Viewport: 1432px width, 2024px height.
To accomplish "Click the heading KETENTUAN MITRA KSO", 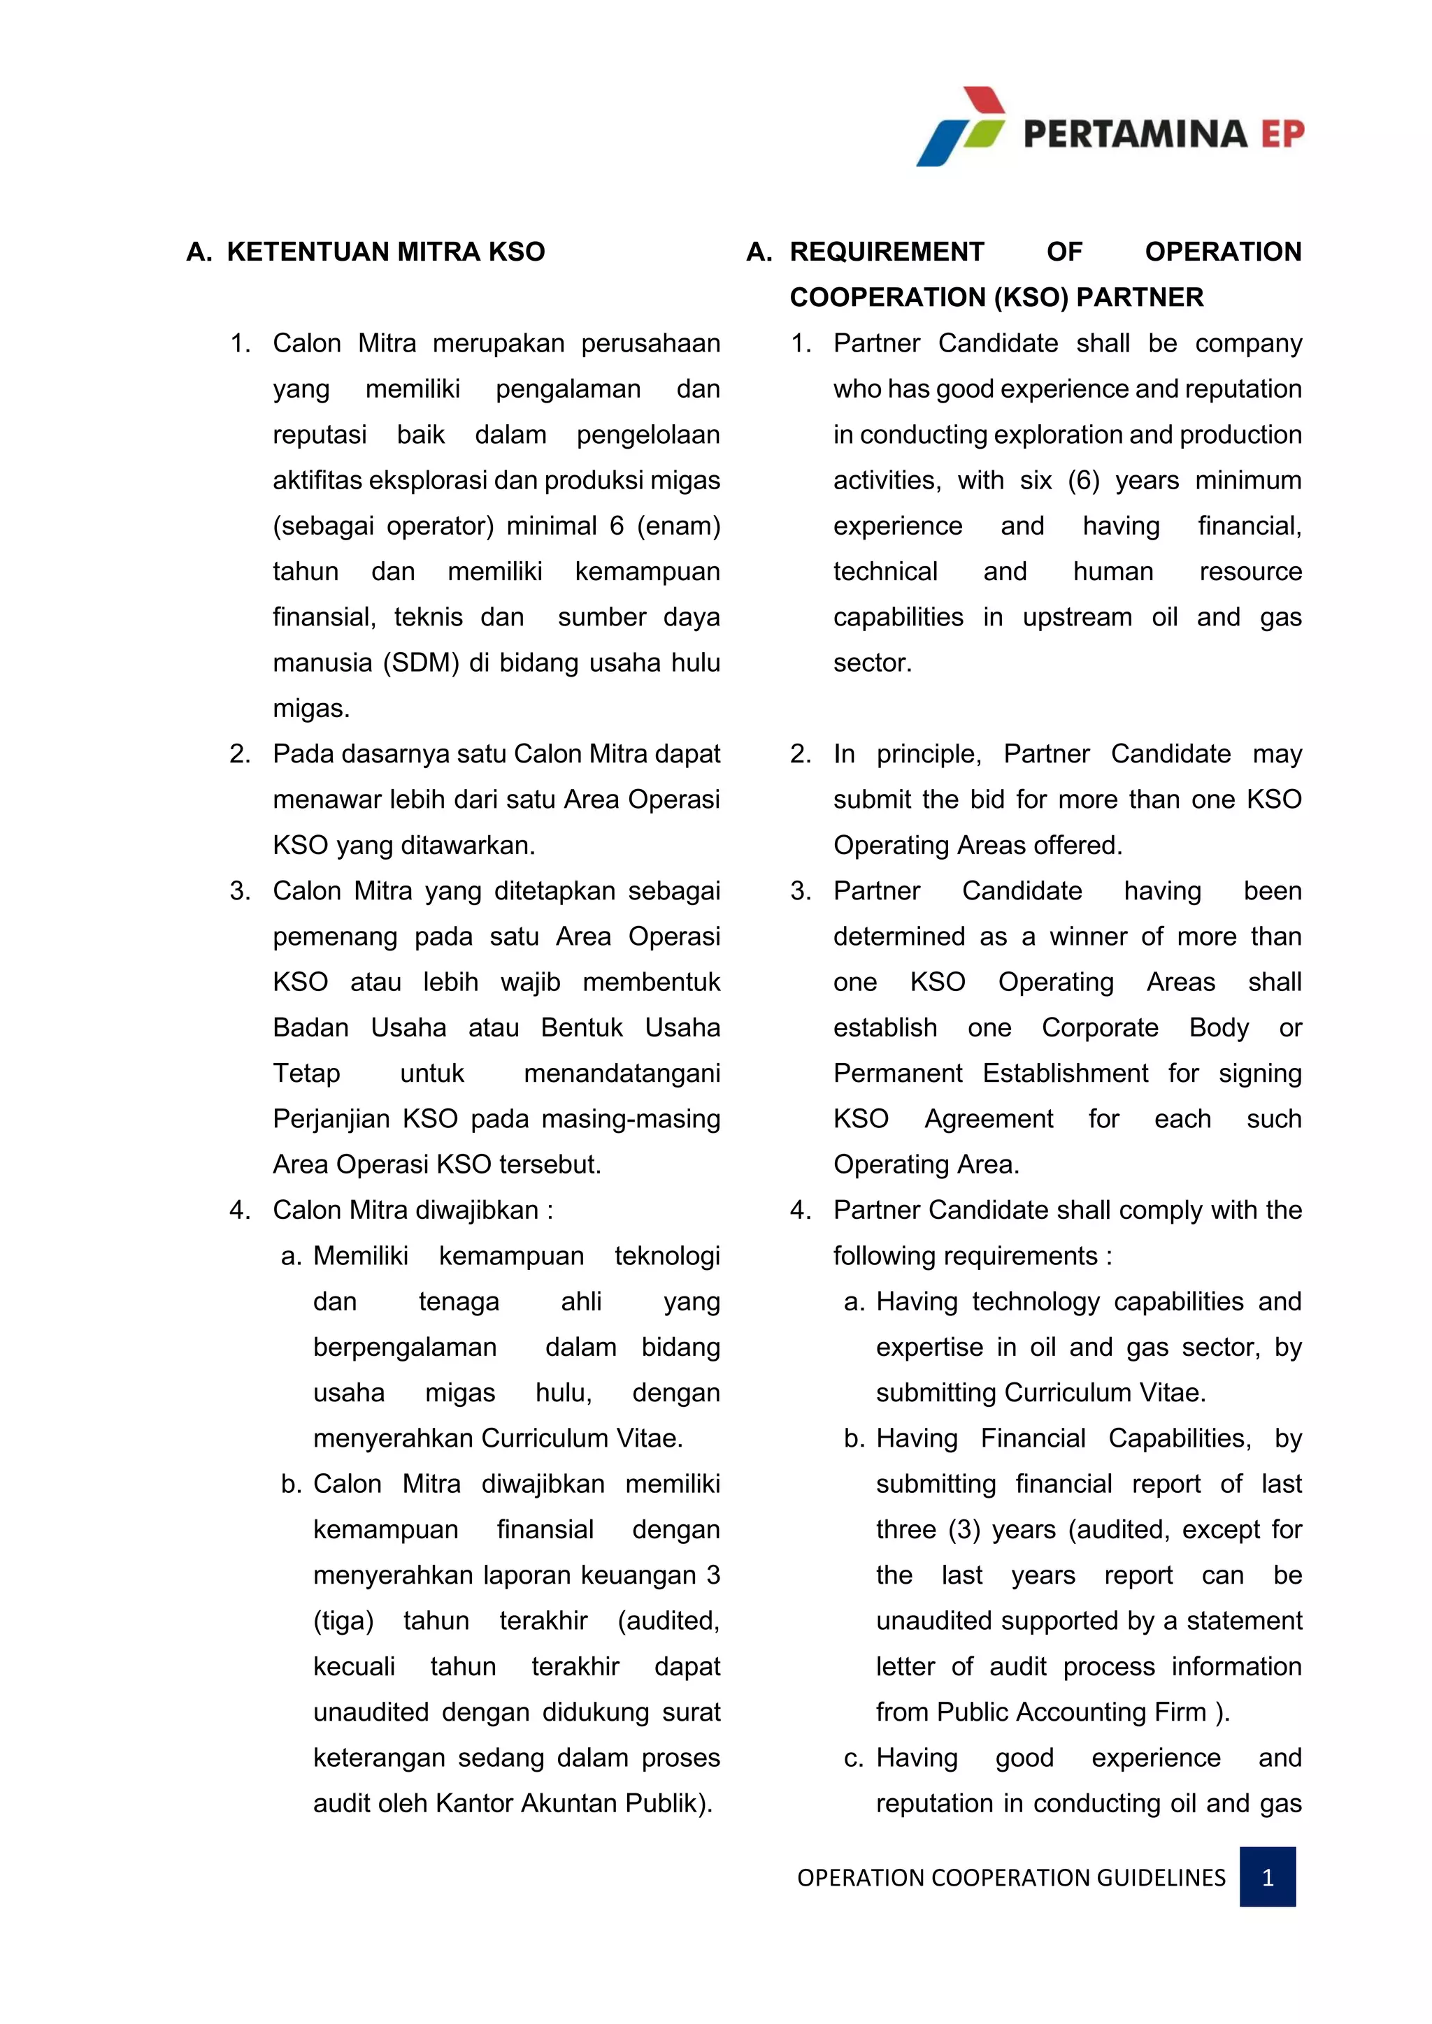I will pos(385,252).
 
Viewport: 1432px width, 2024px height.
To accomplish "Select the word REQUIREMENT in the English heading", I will pos(886,252).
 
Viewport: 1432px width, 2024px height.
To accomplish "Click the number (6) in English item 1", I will pos(1084,480).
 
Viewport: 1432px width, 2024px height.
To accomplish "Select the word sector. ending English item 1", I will pos(872,663).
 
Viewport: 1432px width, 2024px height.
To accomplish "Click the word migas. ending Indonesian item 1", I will pos(311,709).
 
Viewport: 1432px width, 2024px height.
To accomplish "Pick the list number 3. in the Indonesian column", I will pos(240,891).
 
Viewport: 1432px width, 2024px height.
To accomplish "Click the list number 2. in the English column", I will pos(801,755).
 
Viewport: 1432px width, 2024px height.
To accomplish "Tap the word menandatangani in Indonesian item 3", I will pos(622,1074).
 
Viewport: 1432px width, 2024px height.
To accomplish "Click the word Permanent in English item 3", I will pos(898,1074).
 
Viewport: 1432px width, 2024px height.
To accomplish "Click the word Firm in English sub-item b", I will pos(1180,1712).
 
